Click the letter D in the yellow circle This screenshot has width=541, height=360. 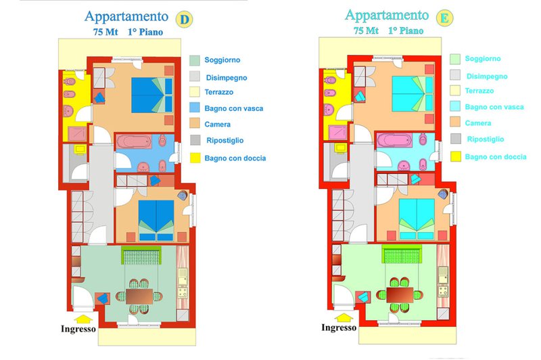185,20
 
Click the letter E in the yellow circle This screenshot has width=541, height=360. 445,18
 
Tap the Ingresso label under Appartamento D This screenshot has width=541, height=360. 78,329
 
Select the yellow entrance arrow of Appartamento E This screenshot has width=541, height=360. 344,317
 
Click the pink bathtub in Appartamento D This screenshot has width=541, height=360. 134,141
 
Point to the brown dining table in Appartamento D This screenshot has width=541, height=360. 139,296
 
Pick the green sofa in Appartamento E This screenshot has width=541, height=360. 402,254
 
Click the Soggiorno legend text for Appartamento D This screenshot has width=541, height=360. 222,60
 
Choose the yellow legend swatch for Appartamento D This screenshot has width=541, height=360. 195,158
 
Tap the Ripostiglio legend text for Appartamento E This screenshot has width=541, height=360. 486,139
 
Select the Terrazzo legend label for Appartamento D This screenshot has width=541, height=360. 218,92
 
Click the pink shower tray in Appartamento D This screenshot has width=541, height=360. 77,134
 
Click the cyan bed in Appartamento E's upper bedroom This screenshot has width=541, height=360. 413,94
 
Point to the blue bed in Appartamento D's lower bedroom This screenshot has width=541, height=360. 156,221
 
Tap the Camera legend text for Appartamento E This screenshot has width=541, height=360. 478,123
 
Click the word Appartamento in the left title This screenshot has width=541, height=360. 126,16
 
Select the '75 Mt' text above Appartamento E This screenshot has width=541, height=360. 366,30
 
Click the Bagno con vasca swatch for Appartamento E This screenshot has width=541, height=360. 455,106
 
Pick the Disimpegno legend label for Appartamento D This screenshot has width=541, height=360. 227,78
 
